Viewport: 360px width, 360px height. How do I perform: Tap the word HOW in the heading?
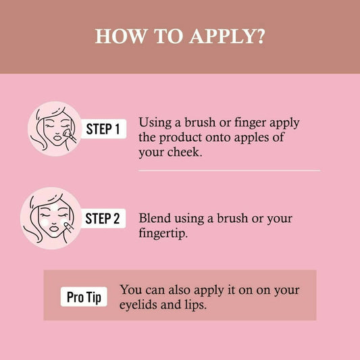point(120,36)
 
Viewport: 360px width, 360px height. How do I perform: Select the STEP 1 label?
point(103,129)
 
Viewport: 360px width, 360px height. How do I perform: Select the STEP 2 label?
point(103,218)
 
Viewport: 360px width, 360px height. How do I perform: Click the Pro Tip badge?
point(84,297)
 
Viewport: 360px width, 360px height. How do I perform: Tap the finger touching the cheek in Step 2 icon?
point(68,226)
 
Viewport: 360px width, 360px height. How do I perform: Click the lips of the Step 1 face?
point(57,137)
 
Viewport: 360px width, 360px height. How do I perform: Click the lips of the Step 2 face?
point(54,228)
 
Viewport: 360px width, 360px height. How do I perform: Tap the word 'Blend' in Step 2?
point(155,218)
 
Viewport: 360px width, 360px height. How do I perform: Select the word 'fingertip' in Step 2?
point(162,233)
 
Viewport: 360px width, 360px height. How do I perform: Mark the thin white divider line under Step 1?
point(229,171)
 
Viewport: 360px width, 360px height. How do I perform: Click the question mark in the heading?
point(261,36)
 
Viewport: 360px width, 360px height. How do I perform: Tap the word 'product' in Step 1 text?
point(180,138)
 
